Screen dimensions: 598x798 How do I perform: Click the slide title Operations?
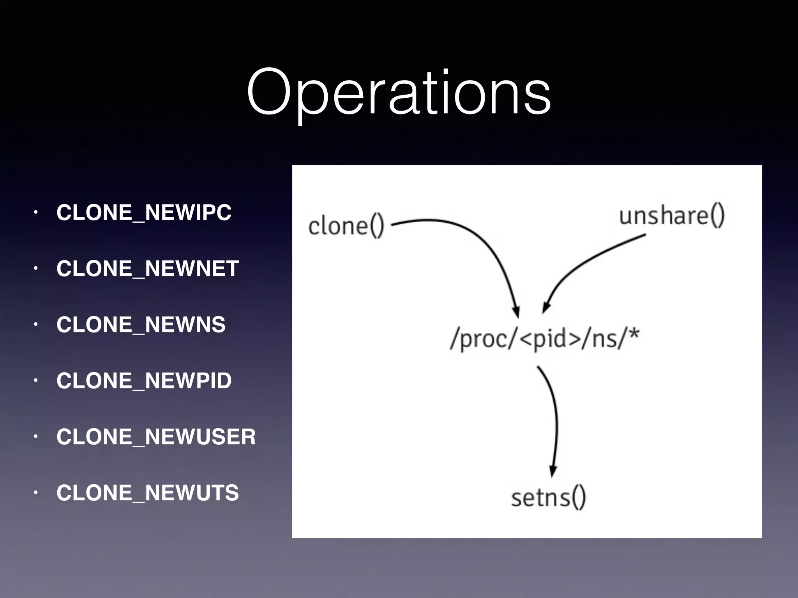[x=399, y=93]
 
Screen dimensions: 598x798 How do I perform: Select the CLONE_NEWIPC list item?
[x=144, y=213]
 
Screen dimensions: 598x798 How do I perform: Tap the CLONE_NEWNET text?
[x=147, y=269]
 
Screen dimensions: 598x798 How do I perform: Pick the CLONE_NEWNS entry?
[x=141, y=325]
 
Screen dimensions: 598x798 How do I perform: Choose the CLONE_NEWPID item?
[x=144, y=381]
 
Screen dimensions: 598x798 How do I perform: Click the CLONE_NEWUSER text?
[x=156, y=437]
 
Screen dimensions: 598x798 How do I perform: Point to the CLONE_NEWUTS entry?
[x=147, y=493]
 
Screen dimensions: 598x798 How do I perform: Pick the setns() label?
[x=548, y=498]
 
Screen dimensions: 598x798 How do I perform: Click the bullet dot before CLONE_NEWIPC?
[x=35, y=213]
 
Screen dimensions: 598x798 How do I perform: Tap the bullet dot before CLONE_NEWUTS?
[x=35, y=493]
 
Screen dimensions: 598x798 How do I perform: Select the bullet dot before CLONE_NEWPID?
[x=35, y=381]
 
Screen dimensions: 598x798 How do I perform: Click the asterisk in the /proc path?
[x=634, y=334]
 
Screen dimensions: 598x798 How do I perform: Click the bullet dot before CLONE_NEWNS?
[x=35, y=325]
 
